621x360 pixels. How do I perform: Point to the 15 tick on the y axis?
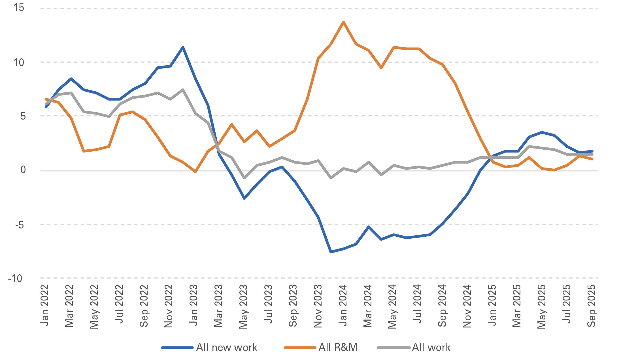click(x=19, y=8)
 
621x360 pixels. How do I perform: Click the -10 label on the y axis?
click(x=15, y=278)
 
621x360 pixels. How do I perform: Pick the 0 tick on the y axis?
click(x=23, y=170)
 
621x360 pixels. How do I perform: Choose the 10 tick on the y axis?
click(x=19, y=62)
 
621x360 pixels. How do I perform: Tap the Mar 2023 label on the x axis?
click(x=218, y=306)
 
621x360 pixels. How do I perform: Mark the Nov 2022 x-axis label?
click(x=169, y=306)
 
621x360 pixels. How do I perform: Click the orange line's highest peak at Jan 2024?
click(x=343, y=22)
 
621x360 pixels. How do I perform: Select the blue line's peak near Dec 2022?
click(x=183, y=47)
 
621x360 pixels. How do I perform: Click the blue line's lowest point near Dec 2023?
click(x=331, y=252)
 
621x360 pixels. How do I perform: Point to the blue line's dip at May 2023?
click(x=244, y=198)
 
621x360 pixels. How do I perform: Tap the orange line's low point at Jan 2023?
click(x=195, y=172)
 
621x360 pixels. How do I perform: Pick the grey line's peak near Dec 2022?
click(x=183, y=90)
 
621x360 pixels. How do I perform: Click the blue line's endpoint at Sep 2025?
click(x=592, y=151)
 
